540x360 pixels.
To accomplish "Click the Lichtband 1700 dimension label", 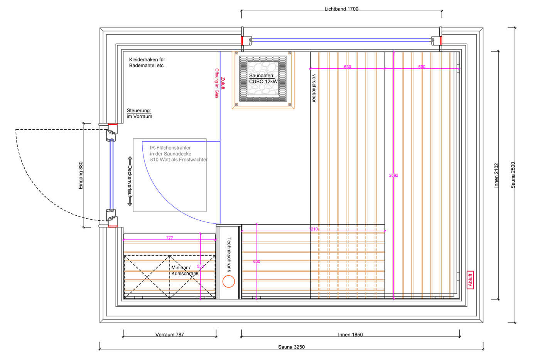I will tap(341, 9).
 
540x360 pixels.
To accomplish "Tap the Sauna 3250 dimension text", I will tap(291, 347).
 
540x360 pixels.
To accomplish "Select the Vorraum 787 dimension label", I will tap(169, 335).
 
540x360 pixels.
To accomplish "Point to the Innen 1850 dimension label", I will tap(350, 335).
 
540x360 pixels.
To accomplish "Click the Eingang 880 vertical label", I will tap(81, 175).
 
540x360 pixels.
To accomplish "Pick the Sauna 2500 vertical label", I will tap(513, 175).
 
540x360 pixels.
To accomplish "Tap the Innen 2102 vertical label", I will tap(496, 175).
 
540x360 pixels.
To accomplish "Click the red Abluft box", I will tap(470, 280).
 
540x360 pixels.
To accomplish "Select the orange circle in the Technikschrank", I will tap(229, 282).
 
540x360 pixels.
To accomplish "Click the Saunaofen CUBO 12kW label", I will tap(263, 79).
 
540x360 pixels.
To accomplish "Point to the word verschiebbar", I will tap(314, 88).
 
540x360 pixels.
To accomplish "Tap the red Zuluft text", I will tap(223, 83).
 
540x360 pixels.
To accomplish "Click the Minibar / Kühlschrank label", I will tap(184, 270).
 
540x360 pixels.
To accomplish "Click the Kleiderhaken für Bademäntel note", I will tap(147, 63).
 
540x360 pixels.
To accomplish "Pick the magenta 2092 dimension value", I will tap(393, 175).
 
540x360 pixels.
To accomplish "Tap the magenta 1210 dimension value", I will tap(313, 229).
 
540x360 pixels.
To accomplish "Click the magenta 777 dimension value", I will tap(169, 238).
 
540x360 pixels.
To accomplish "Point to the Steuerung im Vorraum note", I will tap(139, 113).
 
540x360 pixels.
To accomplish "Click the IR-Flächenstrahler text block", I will tap(178, 154).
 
